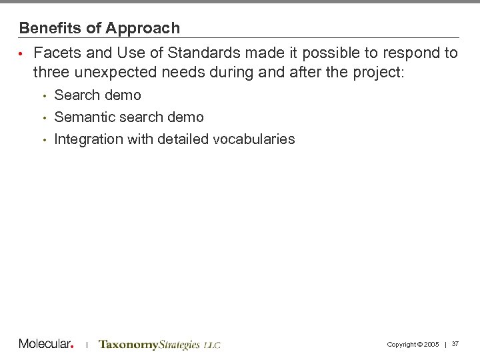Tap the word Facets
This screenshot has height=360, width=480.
[x=57, y=53]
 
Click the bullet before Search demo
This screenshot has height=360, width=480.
[x=43, y=95]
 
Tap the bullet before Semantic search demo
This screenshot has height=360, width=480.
[x=43, y=117]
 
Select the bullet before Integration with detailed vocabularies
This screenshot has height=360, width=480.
[x=43, y=139]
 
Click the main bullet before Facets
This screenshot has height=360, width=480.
[x=21, y=53]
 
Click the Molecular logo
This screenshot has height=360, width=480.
[x=46, y=343]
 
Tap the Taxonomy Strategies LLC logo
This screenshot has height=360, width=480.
[x=159, y=344]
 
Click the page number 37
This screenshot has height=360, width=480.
[x=456, y=343]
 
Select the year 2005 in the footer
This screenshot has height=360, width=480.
[x=431, y=344]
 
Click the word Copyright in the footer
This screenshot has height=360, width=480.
[x=401, y=344]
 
